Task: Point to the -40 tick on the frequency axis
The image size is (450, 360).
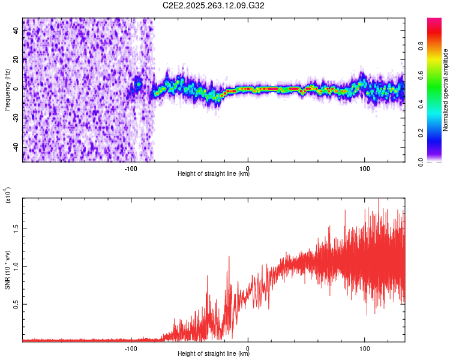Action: click(x=16, y=146)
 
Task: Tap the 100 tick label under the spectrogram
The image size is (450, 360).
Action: click(x=365, y=168)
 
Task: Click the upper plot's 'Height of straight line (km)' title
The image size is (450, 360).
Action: click(x=214, y=174)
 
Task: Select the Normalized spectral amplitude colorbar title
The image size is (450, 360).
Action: click(x=446, y=90)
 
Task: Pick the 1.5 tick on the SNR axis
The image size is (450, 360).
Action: click(x=16, y=228)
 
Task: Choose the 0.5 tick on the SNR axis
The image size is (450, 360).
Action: click(x=16, y=304)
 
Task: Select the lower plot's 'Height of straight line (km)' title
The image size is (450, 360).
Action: click(x=214, y=354)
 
